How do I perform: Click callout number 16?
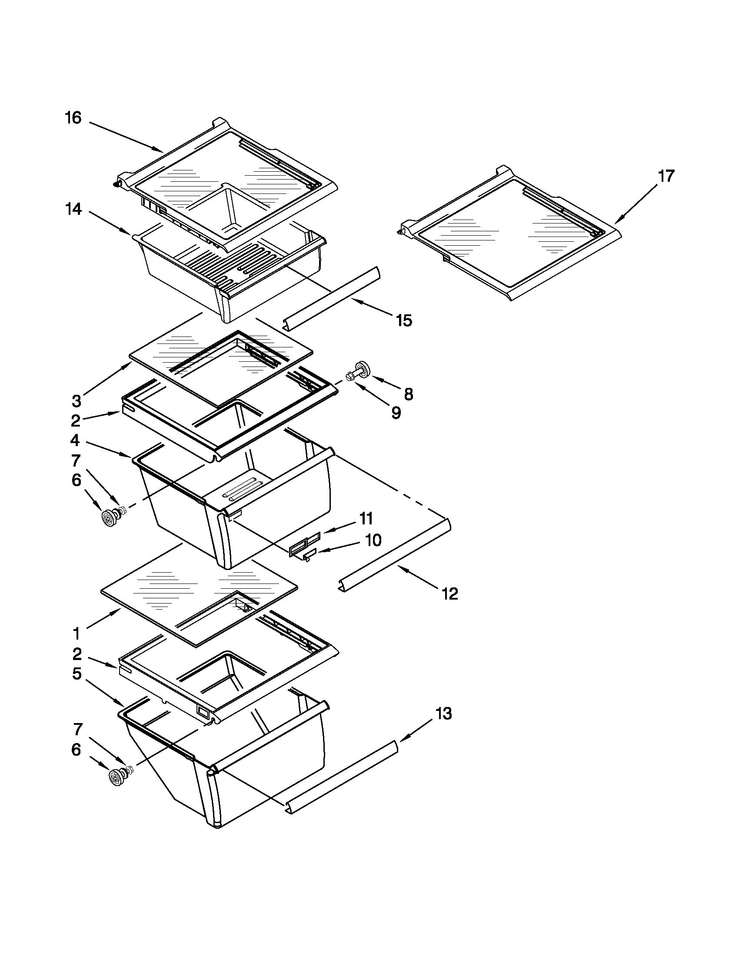point(73,118)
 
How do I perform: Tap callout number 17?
point(666,176)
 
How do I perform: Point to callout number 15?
point(404,321)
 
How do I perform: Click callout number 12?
point(450,594)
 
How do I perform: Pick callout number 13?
point(443,714)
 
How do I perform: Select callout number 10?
point(373,540)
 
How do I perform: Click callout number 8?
point(408,394)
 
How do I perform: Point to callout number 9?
point(396,413)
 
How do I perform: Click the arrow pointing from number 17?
point(638,202)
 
